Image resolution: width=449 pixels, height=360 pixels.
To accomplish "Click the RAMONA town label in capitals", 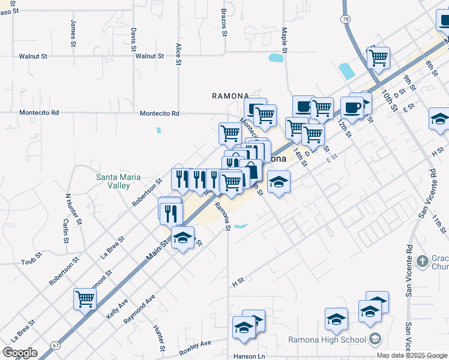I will pyautogui.click(x=231, y=96).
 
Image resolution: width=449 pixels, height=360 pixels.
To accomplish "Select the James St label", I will pyautogui.click(x=73, y=34).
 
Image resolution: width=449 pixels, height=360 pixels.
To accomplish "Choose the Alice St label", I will pyautogui.click(x=178, y=53).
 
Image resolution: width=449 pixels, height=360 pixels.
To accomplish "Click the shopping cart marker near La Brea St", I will pyautogui.click(x=85, y=298).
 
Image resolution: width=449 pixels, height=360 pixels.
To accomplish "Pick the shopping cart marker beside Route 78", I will pyautogui.click(x=378, y=58).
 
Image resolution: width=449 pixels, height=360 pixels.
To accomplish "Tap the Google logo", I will pyautogui.click(x=20, y=353).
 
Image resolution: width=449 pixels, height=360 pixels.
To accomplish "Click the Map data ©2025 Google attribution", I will pyautogui.click(x=412, y=355).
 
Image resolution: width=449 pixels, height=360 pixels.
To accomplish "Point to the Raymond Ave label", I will pyautogui.click(x=140, y=309).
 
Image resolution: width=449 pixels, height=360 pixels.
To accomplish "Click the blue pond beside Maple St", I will pyautogui.click(x=276, y=58).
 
